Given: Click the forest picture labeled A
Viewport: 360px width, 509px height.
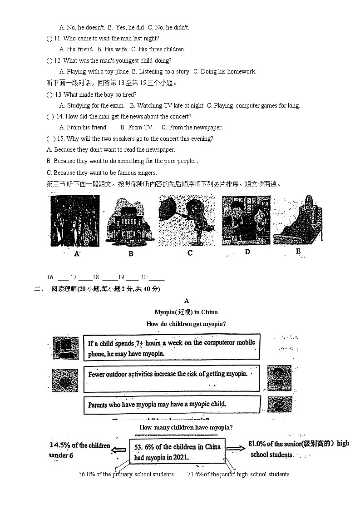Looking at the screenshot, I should click(x=75, y=221).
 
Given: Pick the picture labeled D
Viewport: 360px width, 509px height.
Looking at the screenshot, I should click(x=246, y=220).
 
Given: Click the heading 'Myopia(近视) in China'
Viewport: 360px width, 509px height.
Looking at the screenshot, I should click(x=186, y=312).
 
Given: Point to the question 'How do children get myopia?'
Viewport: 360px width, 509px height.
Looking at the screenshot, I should click(x=186, y=324).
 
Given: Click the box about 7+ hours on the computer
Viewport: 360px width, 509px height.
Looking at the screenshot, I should click(x=172, y=348).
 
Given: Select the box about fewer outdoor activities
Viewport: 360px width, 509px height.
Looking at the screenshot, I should click(x=172, y=375).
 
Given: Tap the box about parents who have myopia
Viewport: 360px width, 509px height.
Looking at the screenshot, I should click(x=172, y=404).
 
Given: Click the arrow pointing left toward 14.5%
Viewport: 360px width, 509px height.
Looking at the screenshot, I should click(x=119, y=450).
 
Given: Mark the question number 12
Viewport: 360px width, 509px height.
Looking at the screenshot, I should click(x=58, y=60).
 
